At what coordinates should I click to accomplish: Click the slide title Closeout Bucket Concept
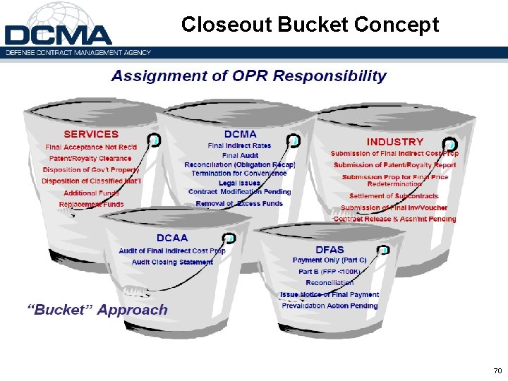point(310,25)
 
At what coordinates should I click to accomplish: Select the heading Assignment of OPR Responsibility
point(248,76)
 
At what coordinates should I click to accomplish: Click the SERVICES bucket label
point(91,134)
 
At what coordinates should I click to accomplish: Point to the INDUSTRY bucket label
point(394,142)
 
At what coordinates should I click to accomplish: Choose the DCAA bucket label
point(172,238)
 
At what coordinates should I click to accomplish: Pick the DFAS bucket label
point(329,249)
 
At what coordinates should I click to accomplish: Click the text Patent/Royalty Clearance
point(90,158)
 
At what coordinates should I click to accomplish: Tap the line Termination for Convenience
point(239,173)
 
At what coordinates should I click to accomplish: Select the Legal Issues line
point(239,183)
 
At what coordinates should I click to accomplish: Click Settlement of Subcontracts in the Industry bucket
point(394,196)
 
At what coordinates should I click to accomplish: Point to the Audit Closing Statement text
point(172,262)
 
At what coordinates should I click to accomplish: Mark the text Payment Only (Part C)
point(329,260)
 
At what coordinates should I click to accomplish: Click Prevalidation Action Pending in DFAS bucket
point(329,306)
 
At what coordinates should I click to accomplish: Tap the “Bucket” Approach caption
point(97,310)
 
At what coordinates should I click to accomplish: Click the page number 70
point(497,370)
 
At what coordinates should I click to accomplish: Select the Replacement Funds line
point(91,205)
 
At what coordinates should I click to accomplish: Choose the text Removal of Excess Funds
point(239,203)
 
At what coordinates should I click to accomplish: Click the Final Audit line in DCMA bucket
point(239,155)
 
